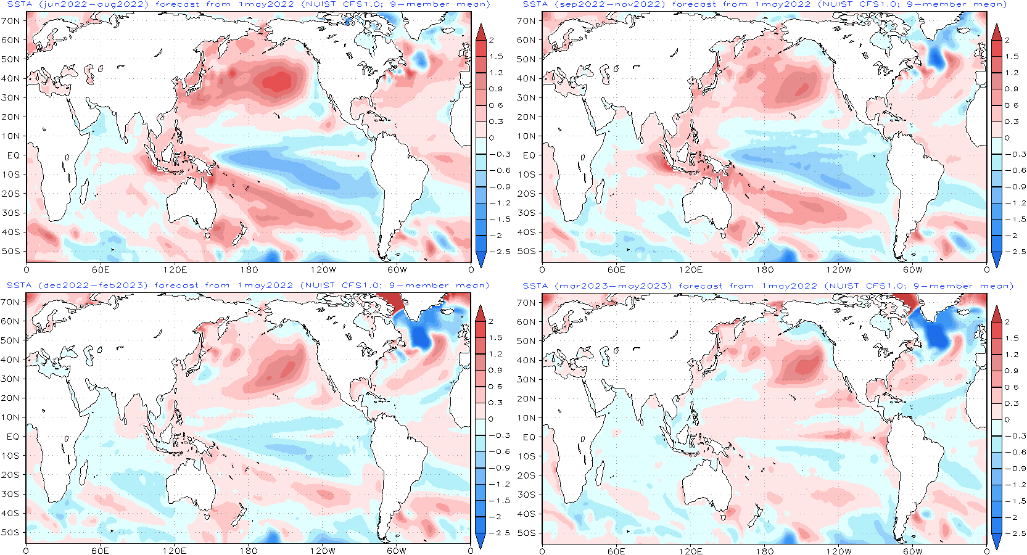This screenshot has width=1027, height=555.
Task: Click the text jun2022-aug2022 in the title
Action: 93,4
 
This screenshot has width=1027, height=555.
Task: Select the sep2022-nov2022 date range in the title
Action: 609,4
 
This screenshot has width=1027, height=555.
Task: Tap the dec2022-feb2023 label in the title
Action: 93,286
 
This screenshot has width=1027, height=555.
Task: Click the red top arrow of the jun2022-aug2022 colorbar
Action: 481,33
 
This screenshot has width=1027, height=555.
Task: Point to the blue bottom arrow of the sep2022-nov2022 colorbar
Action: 996,259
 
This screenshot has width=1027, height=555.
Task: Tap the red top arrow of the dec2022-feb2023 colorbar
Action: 481,314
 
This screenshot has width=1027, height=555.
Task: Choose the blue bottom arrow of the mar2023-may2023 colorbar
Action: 996,541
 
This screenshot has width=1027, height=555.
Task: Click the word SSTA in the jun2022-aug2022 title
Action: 19,4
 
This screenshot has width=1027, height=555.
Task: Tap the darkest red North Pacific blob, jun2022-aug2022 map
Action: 278,81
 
